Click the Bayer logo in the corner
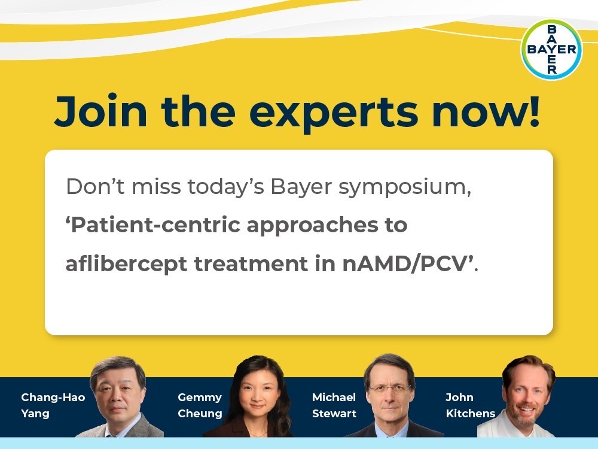[551, 50]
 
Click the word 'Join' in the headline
[101, 111]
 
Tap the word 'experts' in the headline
[334, 114]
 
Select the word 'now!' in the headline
[486, 111]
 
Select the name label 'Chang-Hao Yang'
[53, 405]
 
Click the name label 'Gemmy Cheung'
[200, 405]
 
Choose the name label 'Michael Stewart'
[334, 405]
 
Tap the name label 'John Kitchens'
[471, 405]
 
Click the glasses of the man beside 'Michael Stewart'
[389, 390]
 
